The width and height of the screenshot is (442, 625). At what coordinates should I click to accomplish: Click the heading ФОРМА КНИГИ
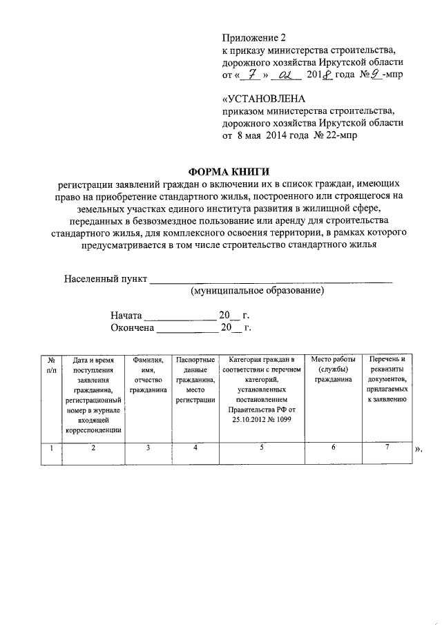(x=229, y=172)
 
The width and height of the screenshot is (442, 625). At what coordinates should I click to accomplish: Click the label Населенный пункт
(x=106, y=279)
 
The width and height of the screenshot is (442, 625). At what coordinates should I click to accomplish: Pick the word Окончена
(x=132, y=328)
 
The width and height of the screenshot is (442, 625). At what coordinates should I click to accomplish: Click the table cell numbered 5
(x=262, y=448)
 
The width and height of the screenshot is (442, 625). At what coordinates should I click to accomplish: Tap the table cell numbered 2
(x=93, y=448)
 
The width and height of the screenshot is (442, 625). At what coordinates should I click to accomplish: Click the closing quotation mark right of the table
(x=417, y=450)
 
